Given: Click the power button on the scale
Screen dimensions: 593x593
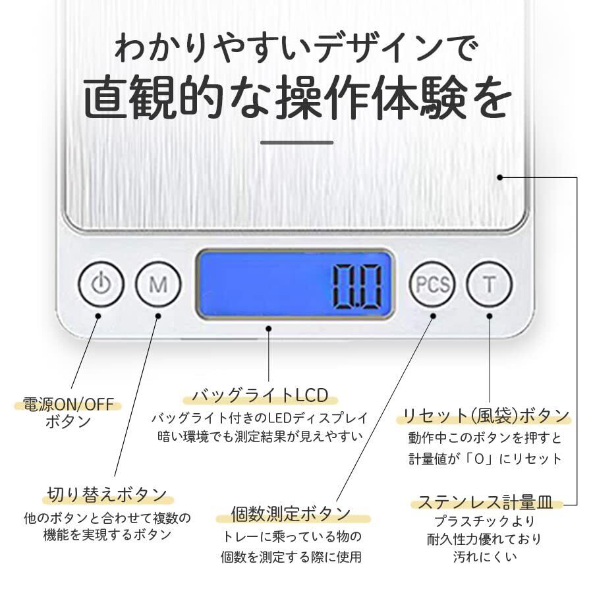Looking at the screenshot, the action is click(101, 285).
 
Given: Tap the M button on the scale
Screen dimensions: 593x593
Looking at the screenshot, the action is click(157, 285).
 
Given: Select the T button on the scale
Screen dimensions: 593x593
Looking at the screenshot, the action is click(489, 285).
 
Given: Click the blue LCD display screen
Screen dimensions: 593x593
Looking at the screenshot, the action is click(295, 284).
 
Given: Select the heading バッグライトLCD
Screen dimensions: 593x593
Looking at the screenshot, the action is click(260, 395).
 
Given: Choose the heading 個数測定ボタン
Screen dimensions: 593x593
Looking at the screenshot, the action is click(291, 513).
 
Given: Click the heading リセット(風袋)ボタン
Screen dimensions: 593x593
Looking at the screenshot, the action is click(486, 416).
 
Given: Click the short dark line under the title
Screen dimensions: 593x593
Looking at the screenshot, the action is click(296, 142).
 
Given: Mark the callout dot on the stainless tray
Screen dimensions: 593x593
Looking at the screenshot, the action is click(500, 177).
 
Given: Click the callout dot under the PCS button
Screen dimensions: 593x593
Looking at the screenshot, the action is click(433, 316).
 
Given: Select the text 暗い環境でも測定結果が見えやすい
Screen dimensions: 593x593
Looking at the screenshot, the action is click(260, 436).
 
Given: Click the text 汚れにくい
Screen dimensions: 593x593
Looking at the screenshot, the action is click(484, 557).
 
